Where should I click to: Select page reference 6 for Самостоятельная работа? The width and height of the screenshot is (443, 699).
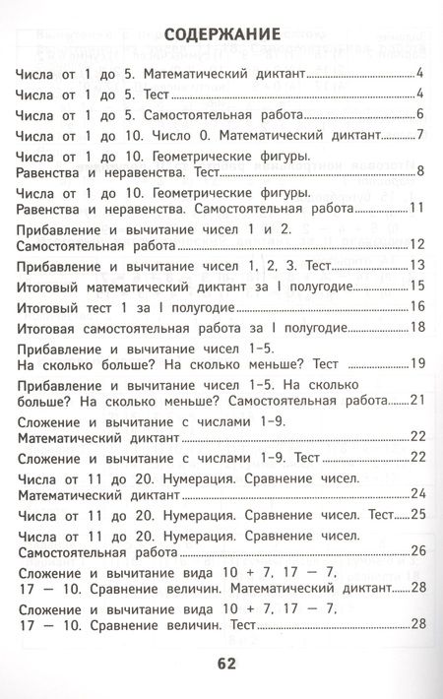pyautogui.click(x=419, y=114)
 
